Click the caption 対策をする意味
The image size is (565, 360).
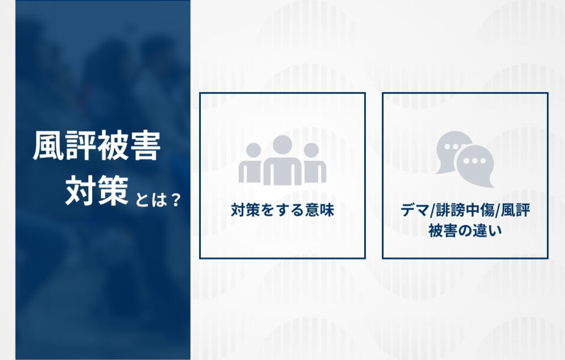282,210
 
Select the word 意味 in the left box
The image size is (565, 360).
319,210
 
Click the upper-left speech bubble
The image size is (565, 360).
450,148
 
